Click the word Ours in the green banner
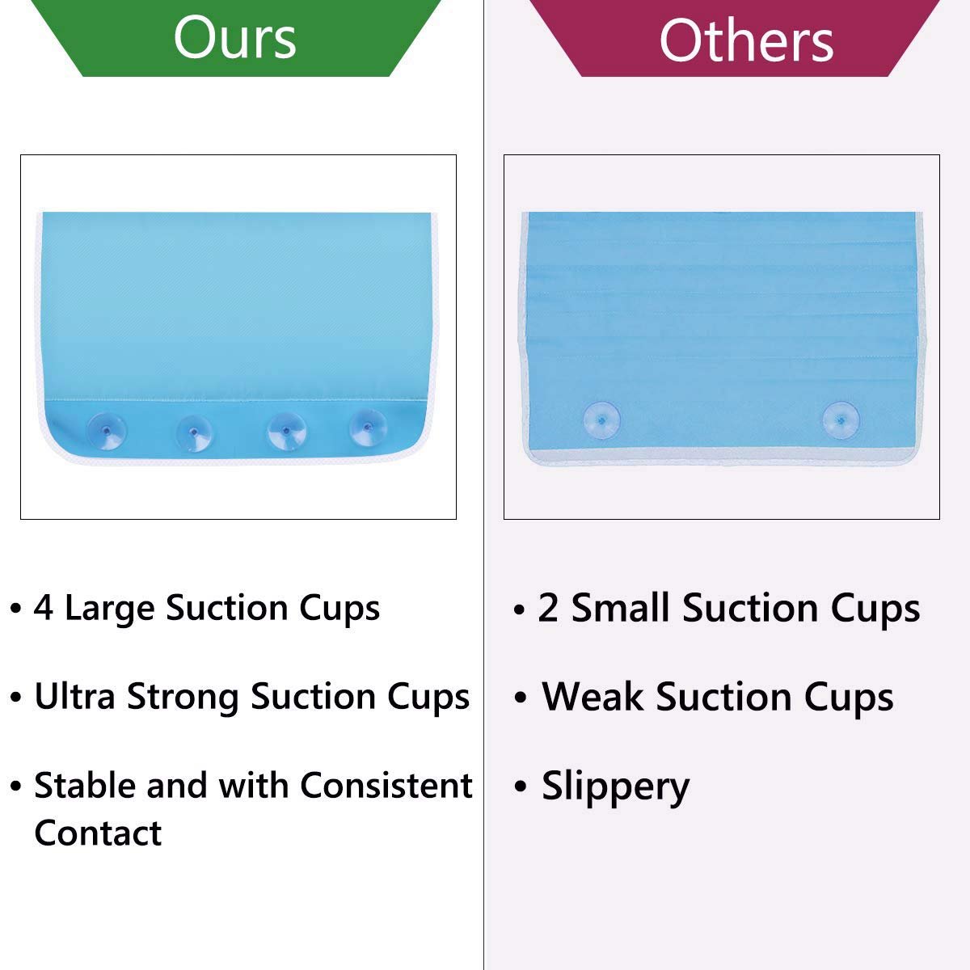tap(234, 38)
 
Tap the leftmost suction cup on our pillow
tap(107, 431)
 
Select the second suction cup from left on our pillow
tap(194, 433)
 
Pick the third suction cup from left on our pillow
tap(286, 431)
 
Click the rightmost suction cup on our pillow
tap(368, 428)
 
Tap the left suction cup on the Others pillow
tap(601, 420)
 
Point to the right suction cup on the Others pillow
tap(841, 420)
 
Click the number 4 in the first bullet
tap(44, 607)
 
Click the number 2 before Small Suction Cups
tap(548, 607)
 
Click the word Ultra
tap(75, 696)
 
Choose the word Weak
tap(593, 697)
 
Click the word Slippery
tap(615, 787)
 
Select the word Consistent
tap(386, 785)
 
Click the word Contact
tap(98, 833)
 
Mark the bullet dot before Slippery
tap(520, 786)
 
